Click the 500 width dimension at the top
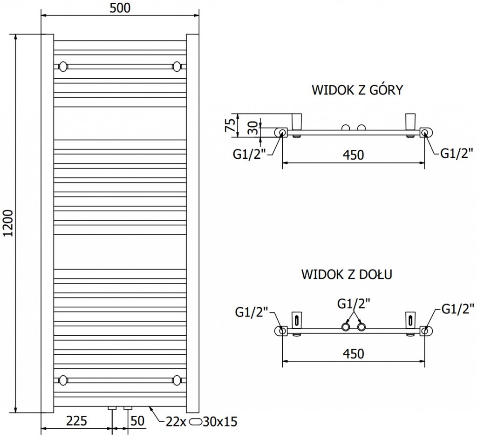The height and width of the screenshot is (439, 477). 120,8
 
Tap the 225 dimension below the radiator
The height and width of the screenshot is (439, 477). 77,421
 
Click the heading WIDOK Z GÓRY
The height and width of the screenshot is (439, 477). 356,90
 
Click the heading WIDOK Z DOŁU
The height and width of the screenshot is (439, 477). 346,273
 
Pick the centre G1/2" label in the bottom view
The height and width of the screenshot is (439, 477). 353,304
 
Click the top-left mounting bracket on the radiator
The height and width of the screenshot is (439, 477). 63,66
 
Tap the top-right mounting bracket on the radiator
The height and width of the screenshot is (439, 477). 177,66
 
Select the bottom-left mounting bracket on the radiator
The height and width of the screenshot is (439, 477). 63,379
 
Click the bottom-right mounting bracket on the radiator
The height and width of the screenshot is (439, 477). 177,379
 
